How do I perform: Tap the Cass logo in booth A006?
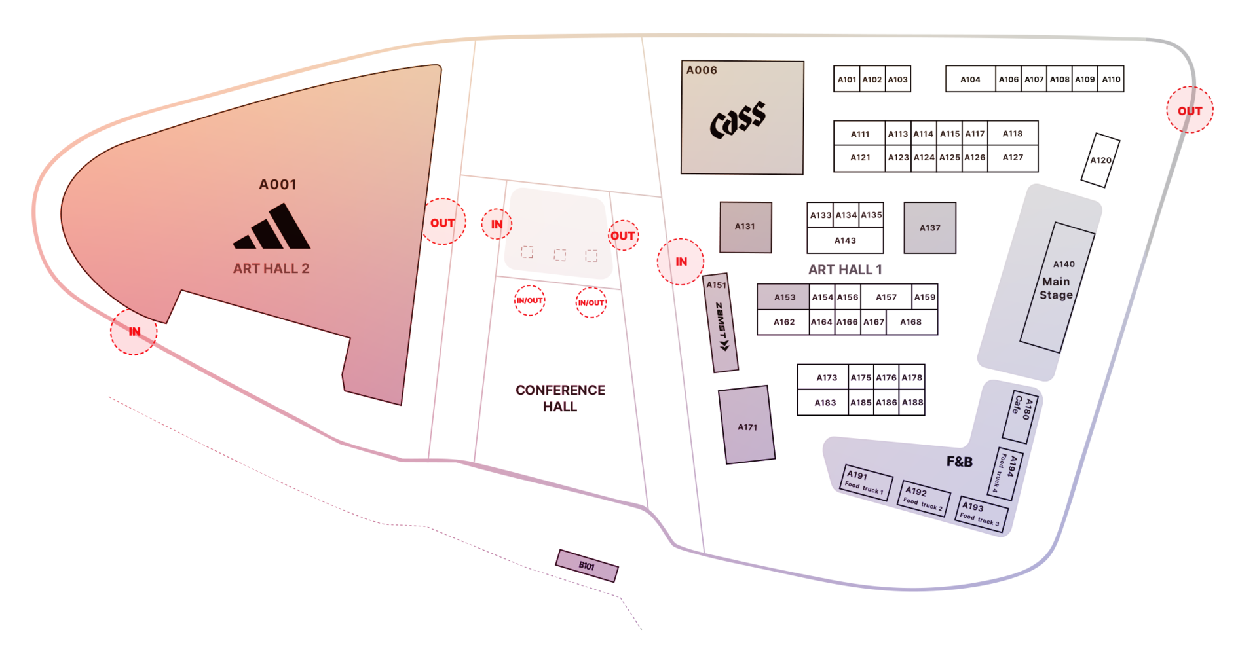[738, 119]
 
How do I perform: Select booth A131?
[745, 227]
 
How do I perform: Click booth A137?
[929, 228]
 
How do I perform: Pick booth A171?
[747, 426]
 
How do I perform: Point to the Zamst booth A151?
[721, 323]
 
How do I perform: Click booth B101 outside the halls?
[587, 566]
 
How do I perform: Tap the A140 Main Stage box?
[1057, 287]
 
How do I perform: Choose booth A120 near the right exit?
[1100, 160]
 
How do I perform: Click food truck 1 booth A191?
[866, 482]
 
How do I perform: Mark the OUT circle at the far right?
[1190, 110]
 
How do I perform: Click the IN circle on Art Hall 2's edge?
[134, 332]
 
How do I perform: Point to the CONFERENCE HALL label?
[560, 398]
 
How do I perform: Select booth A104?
[970, 79]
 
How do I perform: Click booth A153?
[783, 297]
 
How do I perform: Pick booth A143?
[845, 241]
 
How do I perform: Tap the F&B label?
[959, 462]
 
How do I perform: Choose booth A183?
[824, 403]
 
